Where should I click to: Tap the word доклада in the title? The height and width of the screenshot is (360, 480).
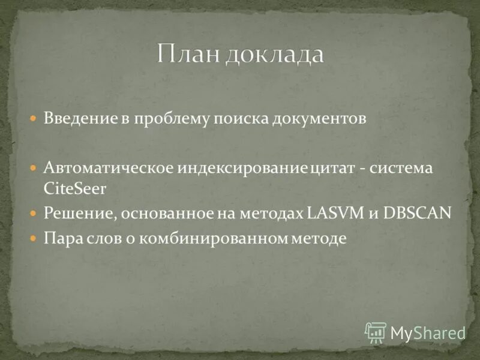click(x=274, y=55)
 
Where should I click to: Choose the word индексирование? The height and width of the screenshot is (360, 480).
click(x=242, y=168)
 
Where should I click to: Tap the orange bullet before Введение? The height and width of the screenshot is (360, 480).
click(x=35, y=118)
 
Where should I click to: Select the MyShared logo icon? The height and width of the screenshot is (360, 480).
click(x=376, y=332)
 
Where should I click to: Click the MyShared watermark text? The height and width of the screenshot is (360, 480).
click(x=428, y=332)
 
